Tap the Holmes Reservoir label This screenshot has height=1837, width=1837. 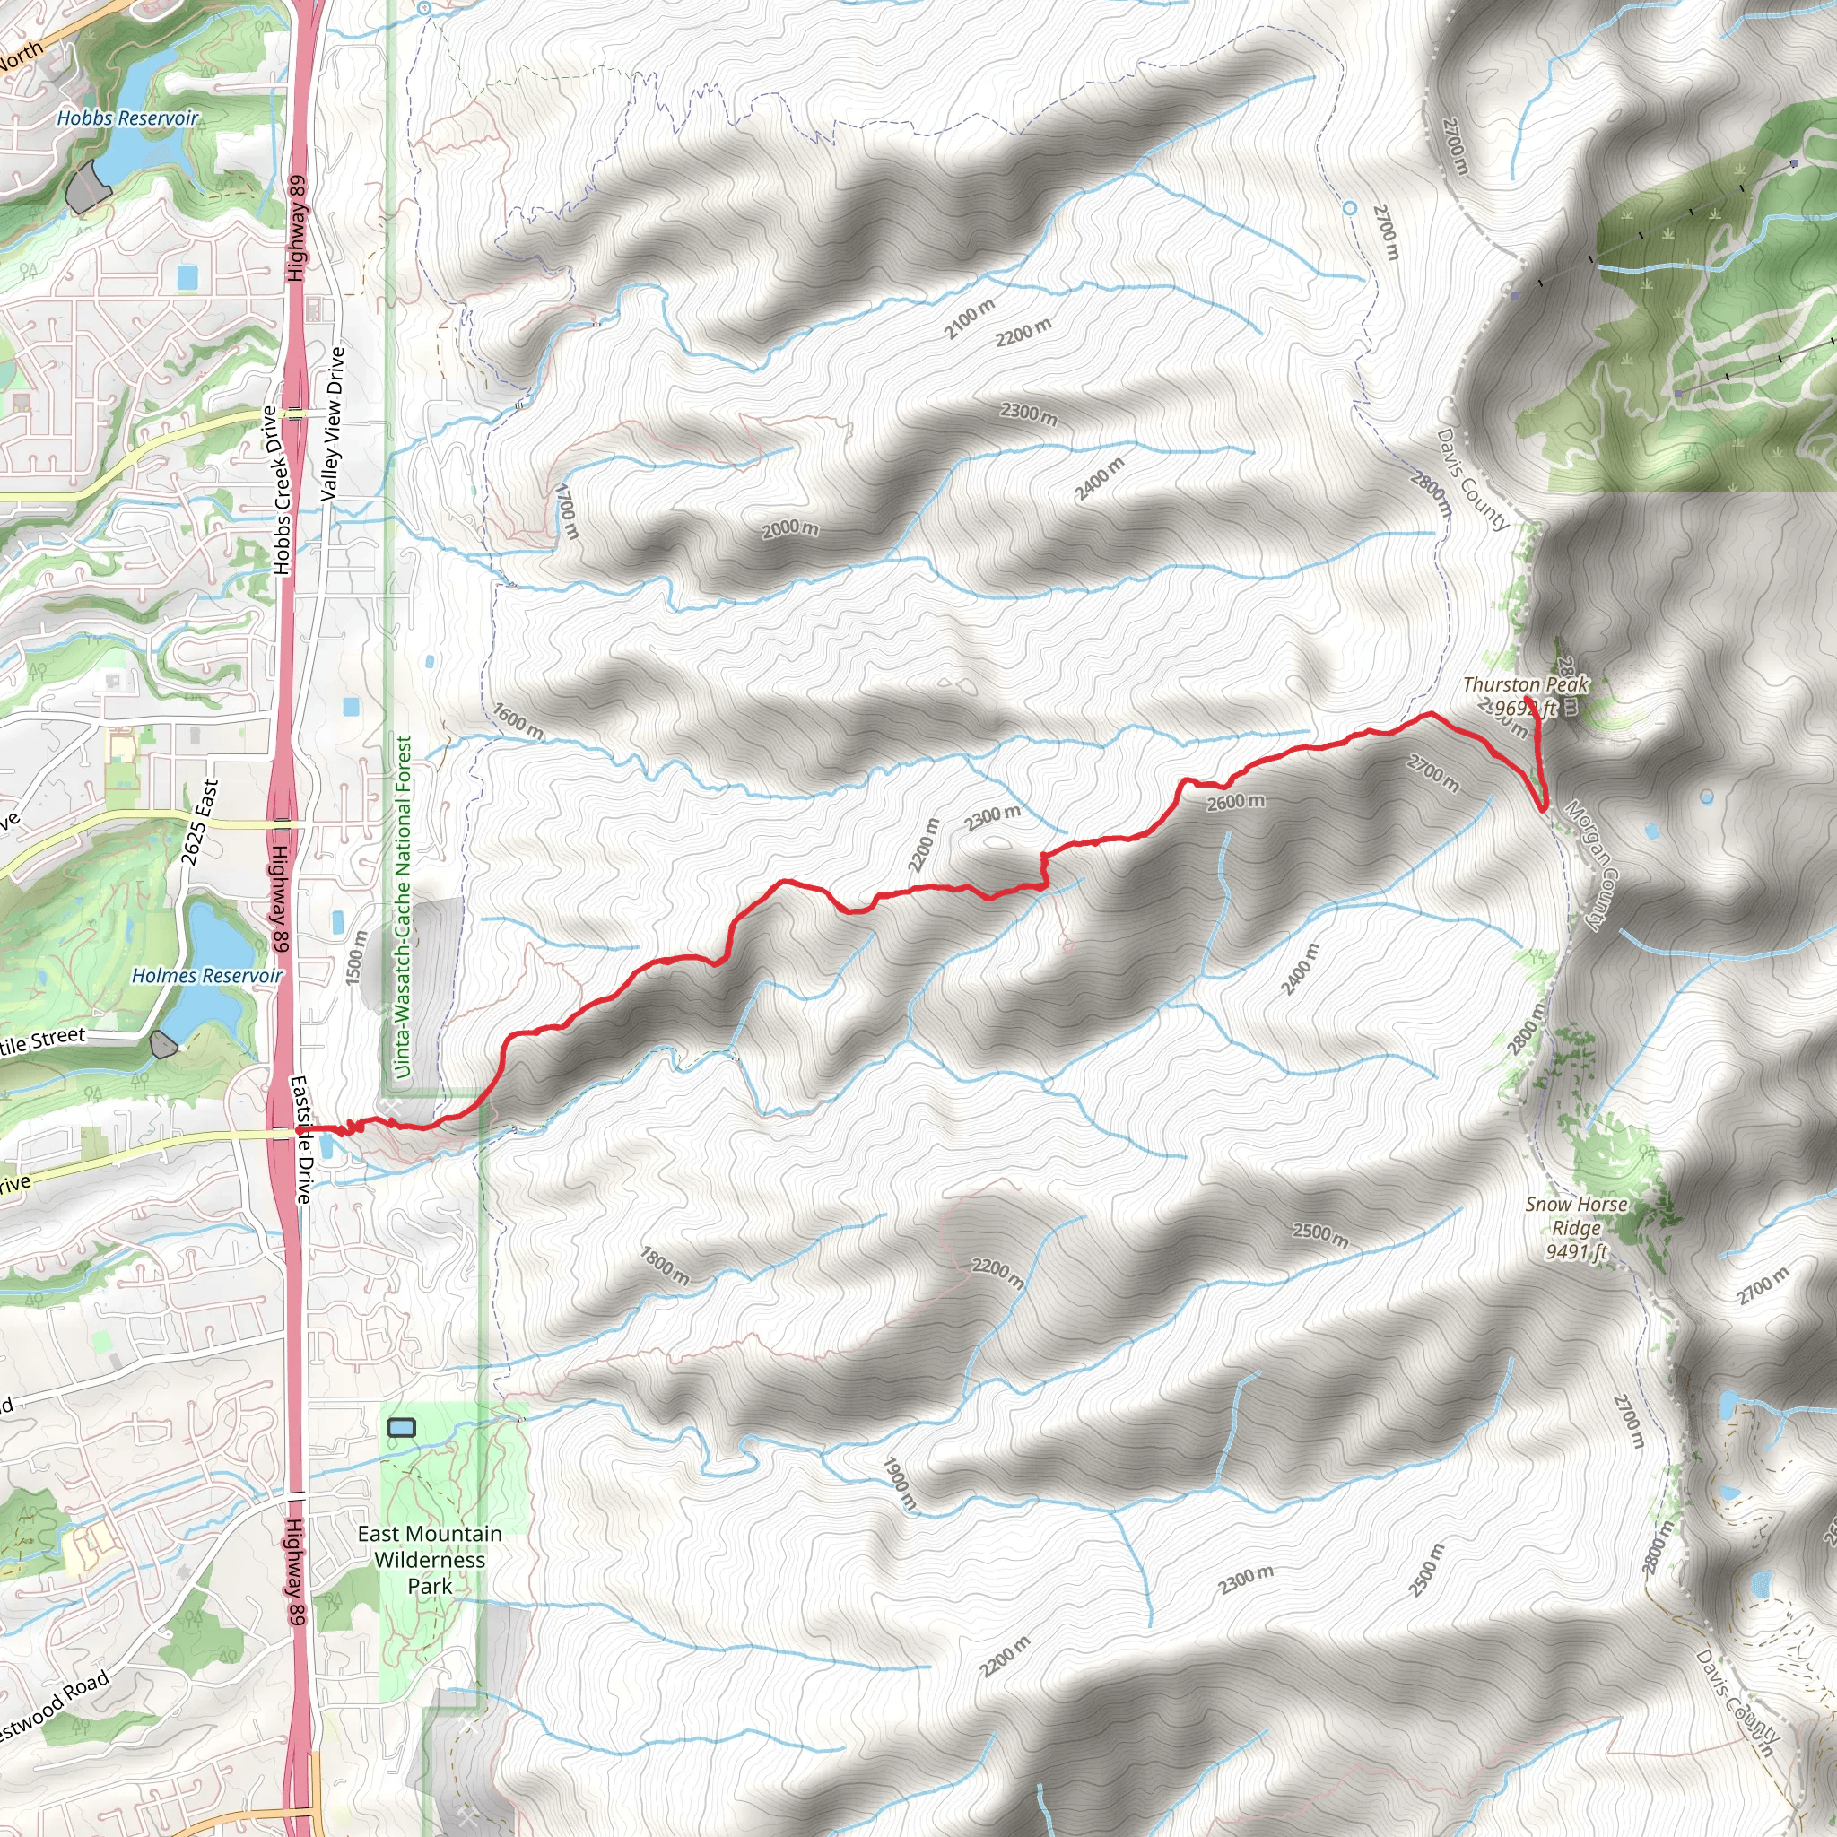coord(206,977)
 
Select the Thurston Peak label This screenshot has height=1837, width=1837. coord(1525,684)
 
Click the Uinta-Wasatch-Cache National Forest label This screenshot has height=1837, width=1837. coord(403,907)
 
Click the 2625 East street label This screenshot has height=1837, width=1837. coord(200,823)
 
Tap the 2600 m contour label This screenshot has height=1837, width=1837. coord(1235,803)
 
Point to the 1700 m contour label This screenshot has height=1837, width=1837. coord(567,511)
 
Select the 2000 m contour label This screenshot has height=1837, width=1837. coord(789,528)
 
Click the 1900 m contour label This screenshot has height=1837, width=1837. coord(900,1483)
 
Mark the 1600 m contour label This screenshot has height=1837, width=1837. coord(518,721)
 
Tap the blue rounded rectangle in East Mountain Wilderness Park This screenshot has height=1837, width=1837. coord(402,1427)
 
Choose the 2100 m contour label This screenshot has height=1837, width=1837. coord(969,318)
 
